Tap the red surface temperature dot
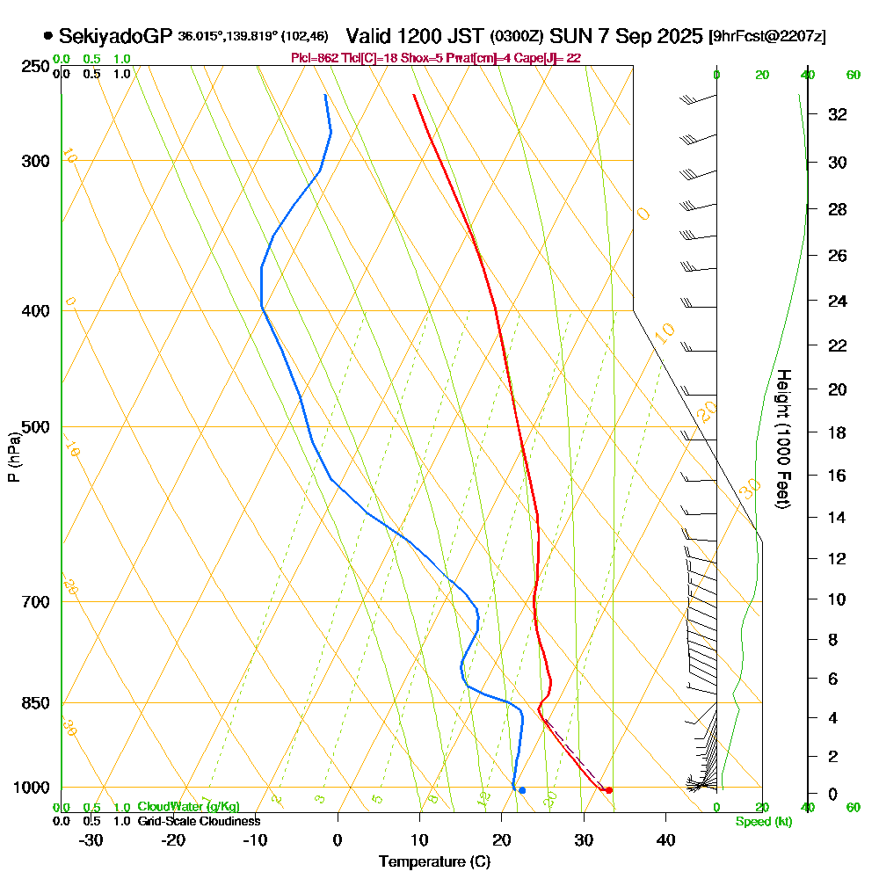pyautogui.click(x=608, y=790)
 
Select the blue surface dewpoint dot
pyautogui.click(x=522, y=790)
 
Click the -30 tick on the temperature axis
pyautogui.click(x=91, y=839)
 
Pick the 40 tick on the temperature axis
pyautogui.click(x=665, y=839)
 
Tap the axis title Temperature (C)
pyautogui.click(x=434, y=861)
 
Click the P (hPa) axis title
pyautogui.click(x=14, y=457)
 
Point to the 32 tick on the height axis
pyautogui.click(x=838, y=114)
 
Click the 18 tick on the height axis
pyautogui.click(x=838, y=432)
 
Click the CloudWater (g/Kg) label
pyautogui.click(x=188, y=807)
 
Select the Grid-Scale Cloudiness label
pyautogui.click(x=199, y=821)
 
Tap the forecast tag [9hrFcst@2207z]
pyautogui.click(x=766, y=37)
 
